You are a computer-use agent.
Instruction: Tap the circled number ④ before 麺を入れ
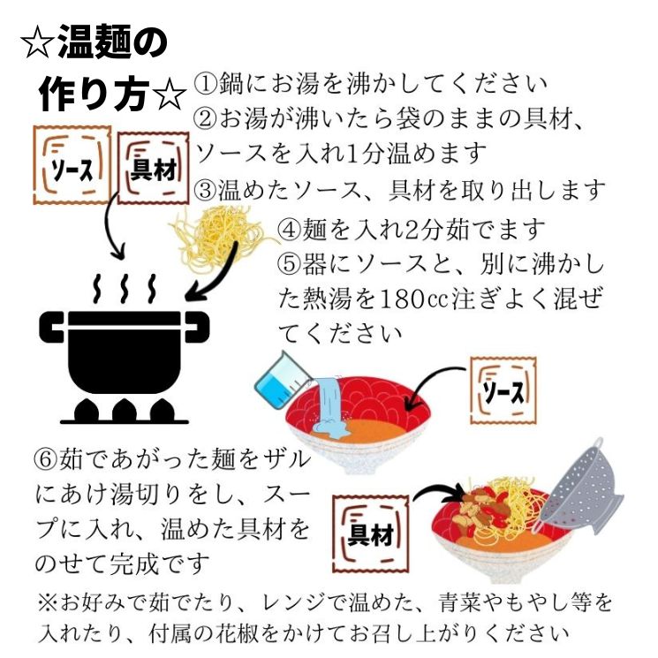(x=289, y=230)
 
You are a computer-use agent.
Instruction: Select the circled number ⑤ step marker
(x=289, y=264)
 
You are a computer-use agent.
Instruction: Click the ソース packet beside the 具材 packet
(x=72, y=165)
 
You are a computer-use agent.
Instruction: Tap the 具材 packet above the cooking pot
(x=153, y=168)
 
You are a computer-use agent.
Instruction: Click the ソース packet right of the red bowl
(x=503, y=390)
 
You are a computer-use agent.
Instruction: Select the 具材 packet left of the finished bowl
(x=371, y=533)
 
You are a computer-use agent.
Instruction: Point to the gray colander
(x=581, y=489)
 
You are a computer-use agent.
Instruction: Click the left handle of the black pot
(x=51, y=327)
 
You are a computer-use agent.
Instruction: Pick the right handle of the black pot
(x=197, y=327)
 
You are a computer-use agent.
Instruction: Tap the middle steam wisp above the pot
(x=124, y=289)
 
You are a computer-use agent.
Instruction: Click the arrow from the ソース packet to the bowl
(x=432, y=384)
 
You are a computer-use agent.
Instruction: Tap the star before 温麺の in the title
(x=37, y=43)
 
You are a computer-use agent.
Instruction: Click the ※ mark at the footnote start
(x=47, y=603)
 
